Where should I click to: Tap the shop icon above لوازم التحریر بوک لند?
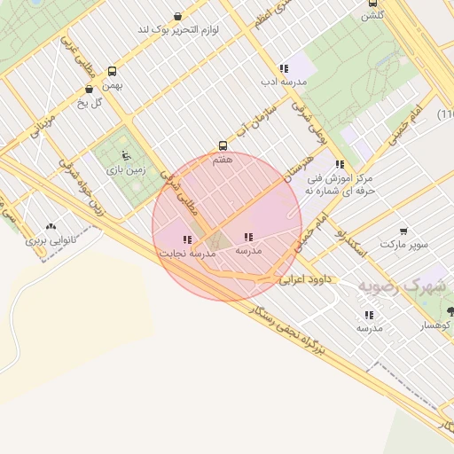[x=178, y=16]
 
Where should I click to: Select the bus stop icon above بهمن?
[x=112, y=72]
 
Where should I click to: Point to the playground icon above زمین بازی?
[x=125, y=155]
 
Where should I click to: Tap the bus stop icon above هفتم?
[x=223, y=146]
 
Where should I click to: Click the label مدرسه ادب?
[x=283, y=82]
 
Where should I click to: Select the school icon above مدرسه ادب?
[x=284, y=68]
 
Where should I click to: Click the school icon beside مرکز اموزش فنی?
[x=340, y=164]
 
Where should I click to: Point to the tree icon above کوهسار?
[x=451, y=311]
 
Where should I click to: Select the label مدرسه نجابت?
[x=187, y=254]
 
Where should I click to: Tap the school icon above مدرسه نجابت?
[x=187, y=239]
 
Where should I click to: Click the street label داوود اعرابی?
[x=305, y=279]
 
